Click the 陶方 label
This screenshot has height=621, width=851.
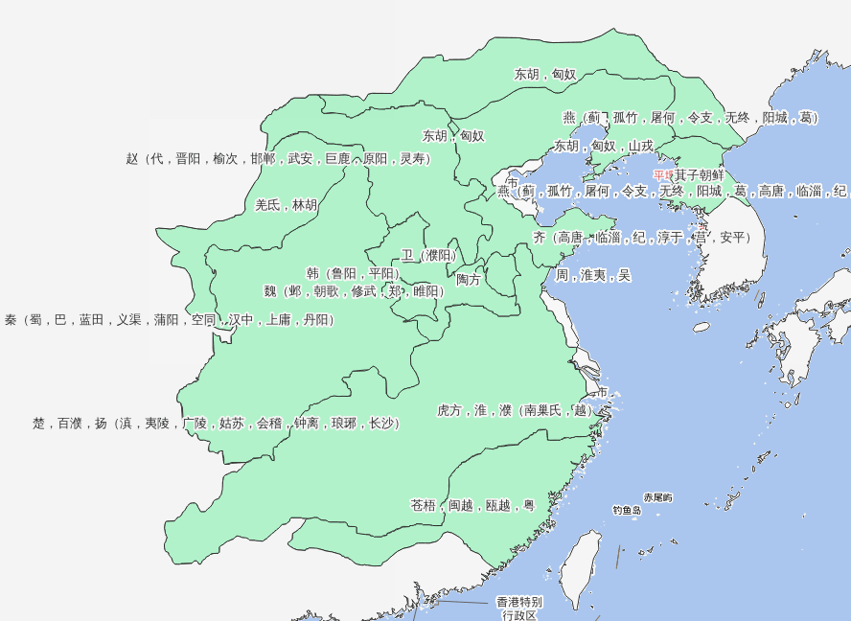pyautogui.click(x=469, y=279)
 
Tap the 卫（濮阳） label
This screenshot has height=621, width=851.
pyautogui.click(x=428, y=255)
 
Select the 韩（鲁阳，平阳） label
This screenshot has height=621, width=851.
pyautogui.click(x=353, y=273)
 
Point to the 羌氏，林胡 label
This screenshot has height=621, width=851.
pyautogui.click(x=286, y=205)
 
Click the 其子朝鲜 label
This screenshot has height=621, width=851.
pyautogui.click(x=699, y=175)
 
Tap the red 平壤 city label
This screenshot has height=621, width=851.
pyautogui.click(x=663, y=175)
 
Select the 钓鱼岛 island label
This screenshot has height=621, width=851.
pyautogui.click(x=627, y=511)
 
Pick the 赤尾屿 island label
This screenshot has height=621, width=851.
pyautogui.click(x=657, y=497)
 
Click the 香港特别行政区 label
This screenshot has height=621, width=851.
pyautogui.click(x=518, y=609)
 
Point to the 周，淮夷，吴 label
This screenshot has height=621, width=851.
pyautogui.click(x=593, y=275)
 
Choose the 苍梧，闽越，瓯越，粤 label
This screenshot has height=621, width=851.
pyautogui.click(x=472, y=505)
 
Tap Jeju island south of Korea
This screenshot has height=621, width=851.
pyautogui.click(x=701, y=327)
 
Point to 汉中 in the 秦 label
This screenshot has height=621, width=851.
pyautogui.click(x=241, y=320)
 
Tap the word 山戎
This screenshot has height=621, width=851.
pyautogui.click(x=641, y=147)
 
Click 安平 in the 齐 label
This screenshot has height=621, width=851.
pyautogui.click(x=733, y=237)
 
